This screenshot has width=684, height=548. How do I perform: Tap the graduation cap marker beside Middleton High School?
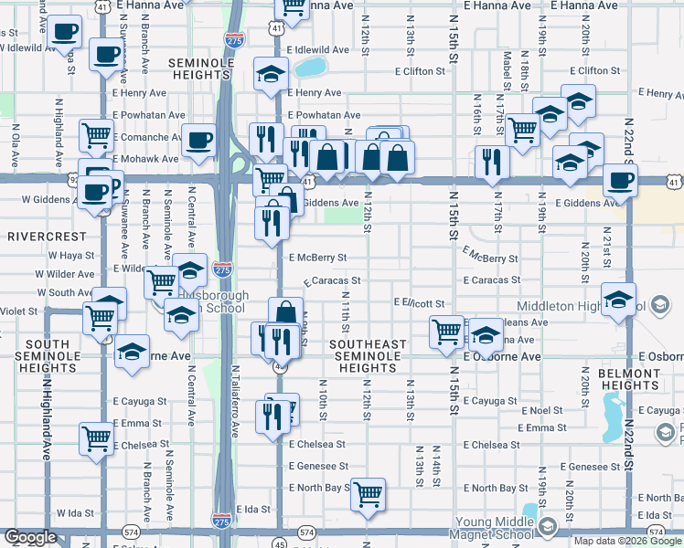click(x=619, y=300)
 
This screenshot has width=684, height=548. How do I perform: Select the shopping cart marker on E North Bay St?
click(x=368, y=494)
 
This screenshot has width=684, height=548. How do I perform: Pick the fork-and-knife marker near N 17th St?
click(x=492, y=162)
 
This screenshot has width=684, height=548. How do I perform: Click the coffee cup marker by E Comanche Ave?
click(x=198, y=141)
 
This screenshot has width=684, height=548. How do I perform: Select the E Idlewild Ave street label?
click(x=317, y=50)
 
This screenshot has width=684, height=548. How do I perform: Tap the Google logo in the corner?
click(x=30, y=537)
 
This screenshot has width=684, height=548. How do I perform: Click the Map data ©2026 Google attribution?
click(x=628, y=541)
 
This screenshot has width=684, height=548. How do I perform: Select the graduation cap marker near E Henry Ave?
click(x=271, y=74)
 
